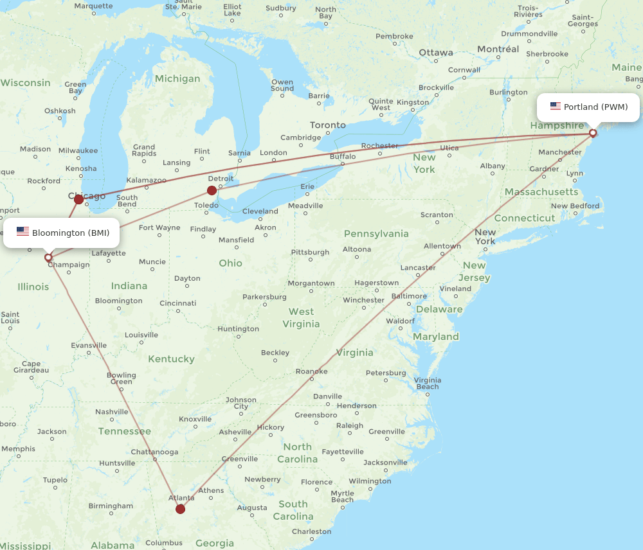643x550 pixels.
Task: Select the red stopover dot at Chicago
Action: (x=78, y=199)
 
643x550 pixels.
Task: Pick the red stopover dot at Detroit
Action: (x=212, y=190)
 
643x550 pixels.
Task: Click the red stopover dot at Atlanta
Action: (x=180, y=509)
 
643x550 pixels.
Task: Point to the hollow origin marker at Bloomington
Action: (x=48, y=258)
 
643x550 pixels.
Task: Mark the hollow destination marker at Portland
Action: (x=593, y=133)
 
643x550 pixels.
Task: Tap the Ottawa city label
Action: (x=436, y=53)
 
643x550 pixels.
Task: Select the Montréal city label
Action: (x=498, y=49)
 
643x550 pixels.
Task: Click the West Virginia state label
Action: (x=301, y=318)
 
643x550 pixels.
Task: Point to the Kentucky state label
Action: (x=171, y=359)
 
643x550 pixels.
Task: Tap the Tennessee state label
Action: (x=125, y=431)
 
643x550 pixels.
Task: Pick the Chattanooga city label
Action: (x=154, y=452)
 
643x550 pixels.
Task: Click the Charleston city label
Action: (x=311, y=531)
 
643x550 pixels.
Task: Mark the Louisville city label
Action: (x=141, y=335)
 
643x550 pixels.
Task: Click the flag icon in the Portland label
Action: (x=556, y=106)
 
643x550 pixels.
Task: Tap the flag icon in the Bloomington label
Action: (x=23, y=232)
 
